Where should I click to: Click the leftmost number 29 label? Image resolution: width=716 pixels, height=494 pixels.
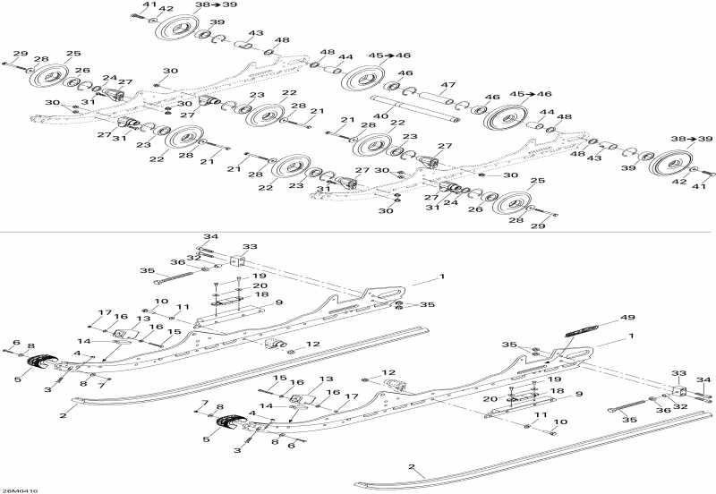point(20,54)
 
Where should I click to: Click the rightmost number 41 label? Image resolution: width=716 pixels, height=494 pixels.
point(700,187)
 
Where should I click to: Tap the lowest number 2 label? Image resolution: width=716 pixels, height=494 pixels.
point(412,466)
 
